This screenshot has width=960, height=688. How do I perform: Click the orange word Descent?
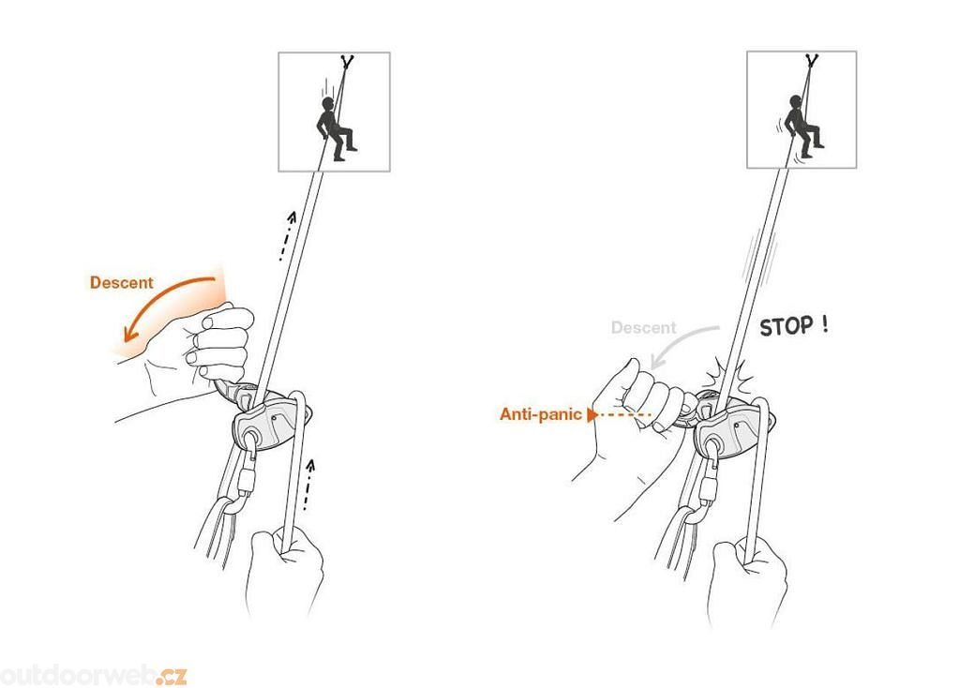click(x=121, y=283)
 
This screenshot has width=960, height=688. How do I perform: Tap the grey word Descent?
click(x=643, y=328)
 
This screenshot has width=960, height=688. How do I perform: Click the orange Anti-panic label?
click(x=540, y=414)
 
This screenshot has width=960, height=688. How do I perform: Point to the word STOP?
click(x=787, y=326)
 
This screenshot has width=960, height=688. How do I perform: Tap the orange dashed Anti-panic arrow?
click(x=619, y=415)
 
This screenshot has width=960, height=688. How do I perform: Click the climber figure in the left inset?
click(x=335, y=128)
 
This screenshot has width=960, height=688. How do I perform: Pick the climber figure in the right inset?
click(x=802, y=126)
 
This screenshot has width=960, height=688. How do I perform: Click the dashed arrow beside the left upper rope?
click(x=287, y=236)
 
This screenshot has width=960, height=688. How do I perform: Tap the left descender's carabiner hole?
click(x=250, y=438)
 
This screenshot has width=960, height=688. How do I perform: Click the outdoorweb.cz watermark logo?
click(x=93, y=675)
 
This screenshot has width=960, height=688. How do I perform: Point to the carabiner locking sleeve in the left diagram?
click(x=247, y=482)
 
